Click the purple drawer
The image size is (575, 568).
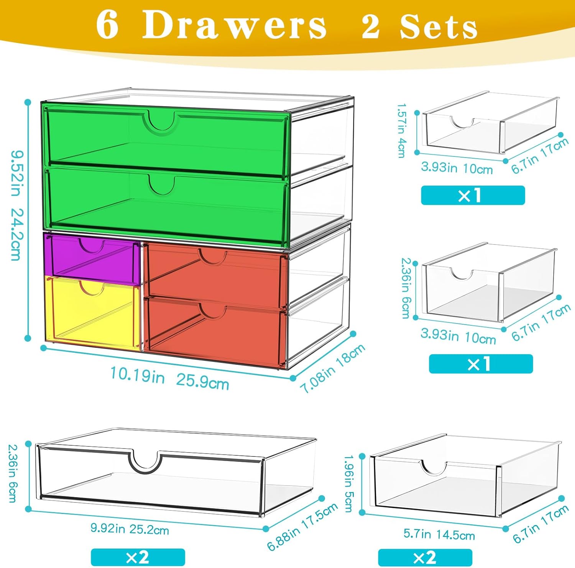pyautogui.click(x=92, y=261)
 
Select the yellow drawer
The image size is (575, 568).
pyautogui.click(x=92, y=312)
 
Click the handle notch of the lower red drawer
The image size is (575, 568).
pyautogui.click(x=213, y=310)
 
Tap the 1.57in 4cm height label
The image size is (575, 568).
pyautogui.click(x=401, y=130)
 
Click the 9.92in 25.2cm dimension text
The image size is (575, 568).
pyautogui.click(x=130, y=529)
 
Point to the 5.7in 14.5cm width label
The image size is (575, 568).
pyautogui.click(x=439, y=534)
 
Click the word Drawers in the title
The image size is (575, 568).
pyautogui.click(x=234, y=26)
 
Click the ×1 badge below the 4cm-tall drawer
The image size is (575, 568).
pyautogui.click(x=473, y=195)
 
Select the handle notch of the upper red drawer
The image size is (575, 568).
pyautogui.click(x=213, y=256)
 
